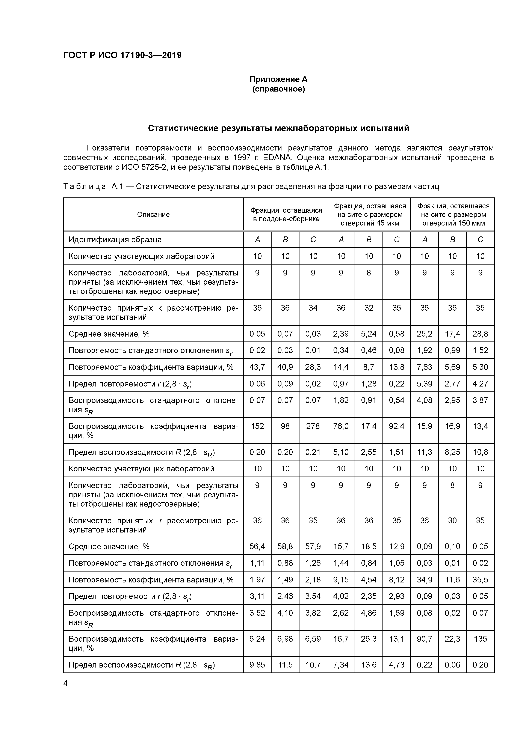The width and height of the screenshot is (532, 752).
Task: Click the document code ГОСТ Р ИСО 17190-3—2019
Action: click(122, 55)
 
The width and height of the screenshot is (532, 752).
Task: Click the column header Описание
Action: click(153, 215)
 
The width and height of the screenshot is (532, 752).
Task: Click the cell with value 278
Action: click(313, 426)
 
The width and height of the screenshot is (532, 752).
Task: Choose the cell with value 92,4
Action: click(397, 426)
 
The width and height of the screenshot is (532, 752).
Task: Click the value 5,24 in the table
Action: click(369, 334)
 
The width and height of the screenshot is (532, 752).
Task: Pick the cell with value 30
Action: click(452, 520)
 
